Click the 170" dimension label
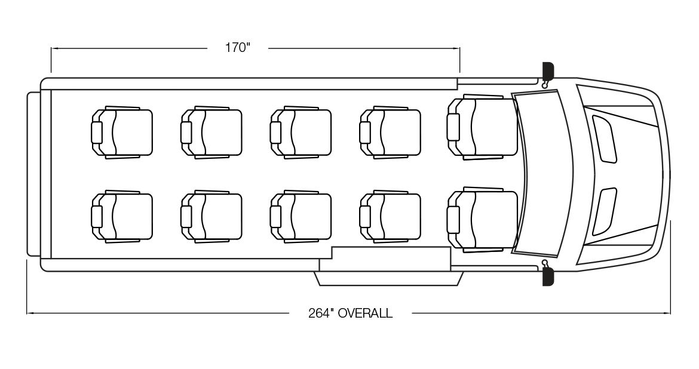coord(237,48)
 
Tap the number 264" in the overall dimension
coord(321,313)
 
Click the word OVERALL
coord(365,313)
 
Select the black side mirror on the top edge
coord(548,70)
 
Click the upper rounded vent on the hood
coord(604,138)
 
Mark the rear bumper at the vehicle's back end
coord(33,174)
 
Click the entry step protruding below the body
coord(390,278)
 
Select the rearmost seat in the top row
coord(122,132)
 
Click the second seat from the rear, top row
coord(212,132)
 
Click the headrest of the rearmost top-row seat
coord(97,132)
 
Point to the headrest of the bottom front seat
coord(453,219)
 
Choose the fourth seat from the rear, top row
coord(391,132)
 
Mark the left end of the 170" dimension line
coord(51,48)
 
